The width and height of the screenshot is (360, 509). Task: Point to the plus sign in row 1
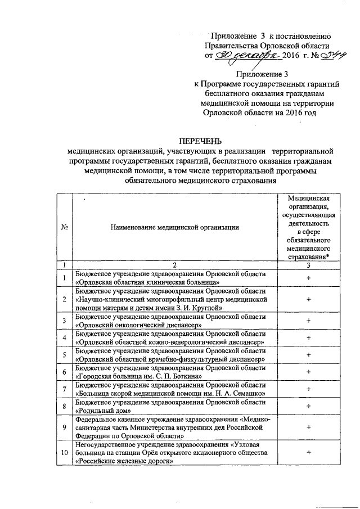(x=308, y=277)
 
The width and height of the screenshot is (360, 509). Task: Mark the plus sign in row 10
(x=308, y=453)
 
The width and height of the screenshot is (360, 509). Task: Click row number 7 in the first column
(x=65, y=389)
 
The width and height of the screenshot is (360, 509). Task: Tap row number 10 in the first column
(x=65, y=453)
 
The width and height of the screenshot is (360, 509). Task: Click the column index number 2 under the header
(x=175, y=264)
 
